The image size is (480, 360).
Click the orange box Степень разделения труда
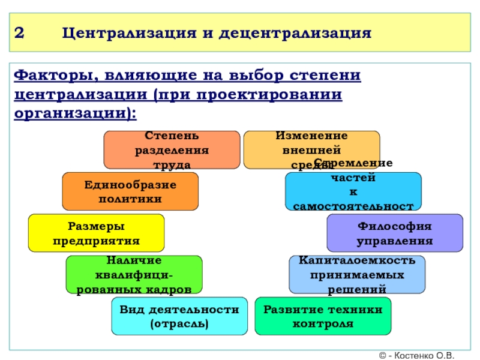[172, 150]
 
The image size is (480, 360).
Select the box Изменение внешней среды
[311, 150]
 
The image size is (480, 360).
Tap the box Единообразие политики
[130, 191]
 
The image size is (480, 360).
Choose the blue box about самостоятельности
[353, 191]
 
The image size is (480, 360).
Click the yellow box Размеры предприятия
[96, 233]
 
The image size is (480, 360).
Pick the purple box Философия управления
[394, 233]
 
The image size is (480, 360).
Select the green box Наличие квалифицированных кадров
[133, 274]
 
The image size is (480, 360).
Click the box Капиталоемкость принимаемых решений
[356, 274]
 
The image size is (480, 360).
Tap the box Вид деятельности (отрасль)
[179, 316]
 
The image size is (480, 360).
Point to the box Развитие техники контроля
[322, 316]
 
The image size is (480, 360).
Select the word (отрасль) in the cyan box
[179, 323]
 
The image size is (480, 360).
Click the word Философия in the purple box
[394, 226]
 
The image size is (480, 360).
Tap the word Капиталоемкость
[356, 261]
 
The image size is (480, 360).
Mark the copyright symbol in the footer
[383, 355]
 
